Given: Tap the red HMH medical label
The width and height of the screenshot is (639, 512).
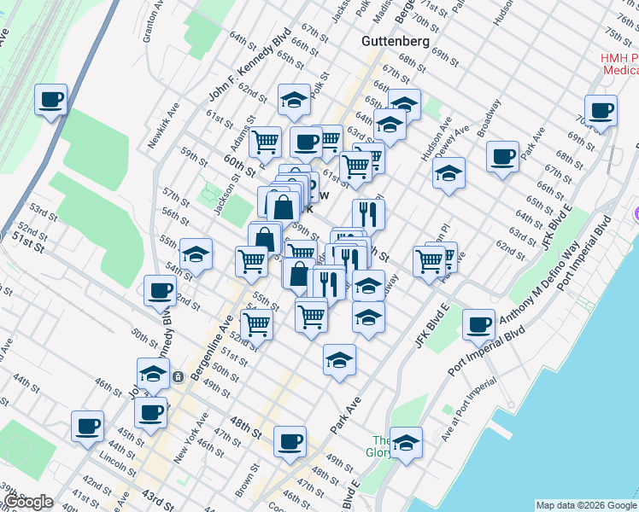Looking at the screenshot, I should click(x=609, y=63).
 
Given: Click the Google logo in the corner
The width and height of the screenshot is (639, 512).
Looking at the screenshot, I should click(x=28, y=502).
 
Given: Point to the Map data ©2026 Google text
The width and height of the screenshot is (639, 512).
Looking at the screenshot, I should click(x=586, y=505).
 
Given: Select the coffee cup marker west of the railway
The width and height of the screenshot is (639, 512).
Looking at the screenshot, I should click(x=51, y=101).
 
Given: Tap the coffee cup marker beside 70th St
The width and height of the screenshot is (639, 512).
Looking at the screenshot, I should click(x=601, y=110).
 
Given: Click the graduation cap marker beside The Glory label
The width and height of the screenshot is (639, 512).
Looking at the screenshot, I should click(x=407, y=443).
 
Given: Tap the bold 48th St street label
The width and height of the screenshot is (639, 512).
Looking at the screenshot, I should click(x=246, y=423).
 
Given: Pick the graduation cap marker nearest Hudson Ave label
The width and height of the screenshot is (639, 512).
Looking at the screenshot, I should click(x=448, y=174).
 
